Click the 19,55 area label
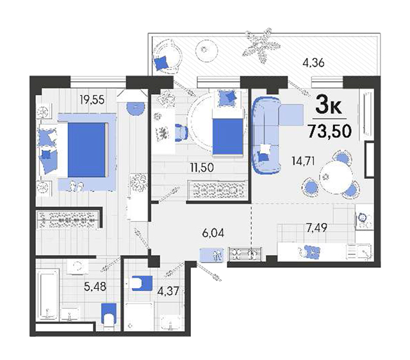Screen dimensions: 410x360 coord(92,99)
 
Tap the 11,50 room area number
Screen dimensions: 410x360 coord(202,167)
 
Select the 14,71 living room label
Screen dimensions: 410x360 coord(303,161)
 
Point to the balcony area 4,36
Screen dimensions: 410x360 coord(313,63)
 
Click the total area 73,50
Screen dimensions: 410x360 coord(329,131)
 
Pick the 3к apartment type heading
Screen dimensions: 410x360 coord(329,106)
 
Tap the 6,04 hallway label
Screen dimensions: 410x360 coord(213,233)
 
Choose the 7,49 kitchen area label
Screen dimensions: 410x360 coord(316,228)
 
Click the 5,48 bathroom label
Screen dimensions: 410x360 coord(95,286)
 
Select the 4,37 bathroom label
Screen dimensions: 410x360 coord(168,291)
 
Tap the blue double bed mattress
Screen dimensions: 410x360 coord(86,150)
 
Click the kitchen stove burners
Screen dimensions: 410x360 coord(365,220)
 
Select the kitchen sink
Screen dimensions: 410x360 coord(359,252)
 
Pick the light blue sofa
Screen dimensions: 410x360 coord(266,135)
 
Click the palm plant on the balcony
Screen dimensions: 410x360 coord(261,45)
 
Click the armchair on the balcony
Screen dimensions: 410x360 coord(167,56)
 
